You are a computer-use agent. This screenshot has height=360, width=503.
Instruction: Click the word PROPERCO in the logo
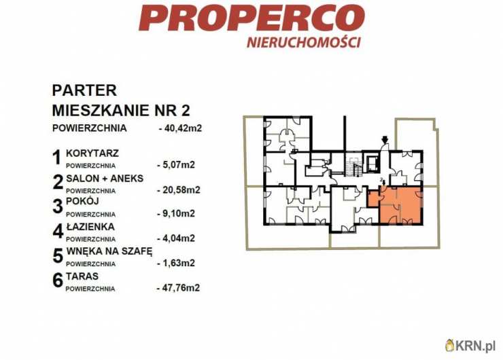pos(252,18)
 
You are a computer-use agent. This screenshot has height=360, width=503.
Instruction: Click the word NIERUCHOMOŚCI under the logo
pos(303,41)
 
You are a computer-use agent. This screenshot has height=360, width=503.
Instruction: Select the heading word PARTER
pos(84,90)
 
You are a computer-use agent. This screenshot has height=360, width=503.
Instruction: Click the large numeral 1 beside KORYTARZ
pos(57,158)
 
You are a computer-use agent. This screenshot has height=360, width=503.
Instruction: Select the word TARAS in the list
pos(82,276)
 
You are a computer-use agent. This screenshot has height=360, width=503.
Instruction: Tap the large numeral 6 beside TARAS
pos(57,281)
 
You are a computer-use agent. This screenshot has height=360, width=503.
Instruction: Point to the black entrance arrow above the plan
pos(385,141)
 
